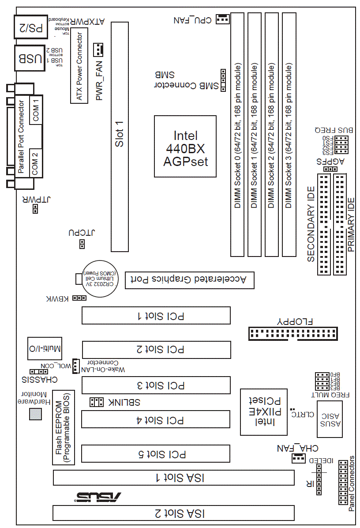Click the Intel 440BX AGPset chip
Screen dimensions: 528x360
[185, 147]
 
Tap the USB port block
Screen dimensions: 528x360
[30, 58]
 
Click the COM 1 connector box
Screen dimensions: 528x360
[36, 109]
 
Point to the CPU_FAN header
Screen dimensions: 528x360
[222, 19]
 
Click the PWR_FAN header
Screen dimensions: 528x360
[98, 50]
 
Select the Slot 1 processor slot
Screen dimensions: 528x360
[120, 137]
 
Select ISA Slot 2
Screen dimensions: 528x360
[173, 513]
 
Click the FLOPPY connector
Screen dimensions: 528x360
[292, 333]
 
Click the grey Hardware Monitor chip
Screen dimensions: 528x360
[35, 414]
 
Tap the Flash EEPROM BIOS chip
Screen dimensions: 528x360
[64, 427]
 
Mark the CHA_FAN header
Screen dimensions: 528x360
[298, 459]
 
